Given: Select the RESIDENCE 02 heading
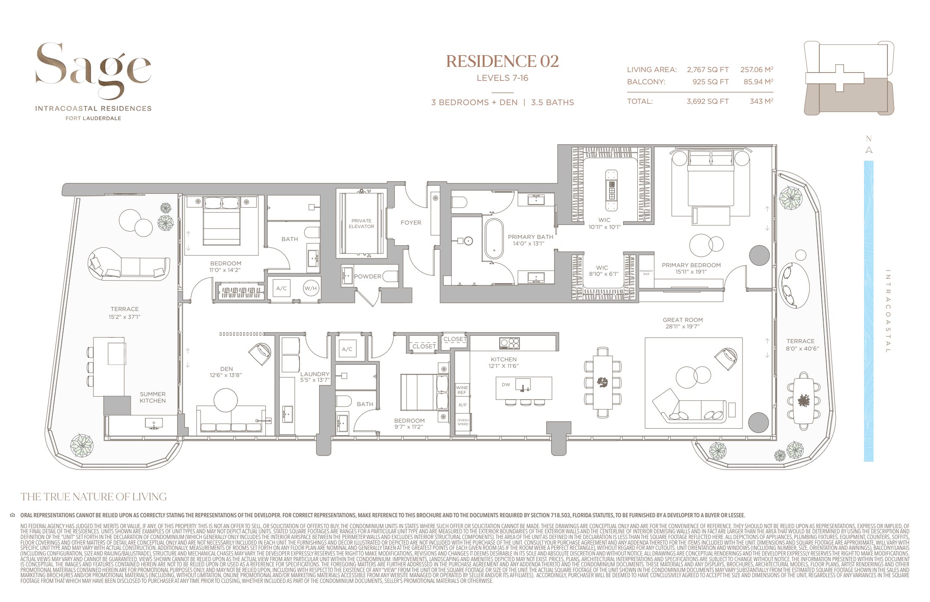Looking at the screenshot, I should click(x=502, y=61).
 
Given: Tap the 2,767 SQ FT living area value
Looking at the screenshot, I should click(x=707, y=69).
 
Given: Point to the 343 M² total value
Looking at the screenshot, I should click(x=761, y=101).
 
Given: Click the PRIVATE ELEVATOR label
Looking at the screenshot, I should click(x=361, y=224).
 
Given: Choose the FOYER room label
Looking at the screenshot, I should click(x=411, y=222).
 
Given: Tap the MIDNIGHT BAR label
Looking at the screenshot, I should click(x=646, y=272).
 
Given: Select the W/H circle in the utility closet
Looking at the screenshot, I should click(x=310, y=288).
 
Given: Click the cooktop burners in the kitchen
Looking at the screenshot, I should click(x=509, y=343).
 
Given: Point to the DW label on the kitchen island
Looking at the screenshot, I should click(x=506, y=384).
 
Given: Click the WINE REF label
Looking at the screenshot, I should click(x=462, y=390).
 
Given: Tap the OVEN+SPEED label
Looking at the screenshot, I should click(x=463, y=422).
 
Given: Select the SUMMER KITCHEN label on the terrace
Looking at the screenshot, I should click(x=152, y=397).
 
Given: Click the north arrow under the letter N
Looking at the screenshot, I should click(x=869, y=150).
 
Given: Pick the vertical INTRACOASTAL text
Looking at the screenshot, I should click(x=887, y=311).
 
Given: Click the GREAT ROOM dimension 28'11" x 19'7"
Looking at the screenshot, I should click(x=683, y=327).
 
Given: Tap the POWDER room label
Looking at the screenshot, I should click(x=367, y=276).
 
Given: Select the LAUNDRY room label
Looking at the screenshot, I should click(x=315, y=374).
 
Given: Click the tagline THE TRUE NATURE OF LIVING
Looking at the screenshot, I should click(x=93, y=496).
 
